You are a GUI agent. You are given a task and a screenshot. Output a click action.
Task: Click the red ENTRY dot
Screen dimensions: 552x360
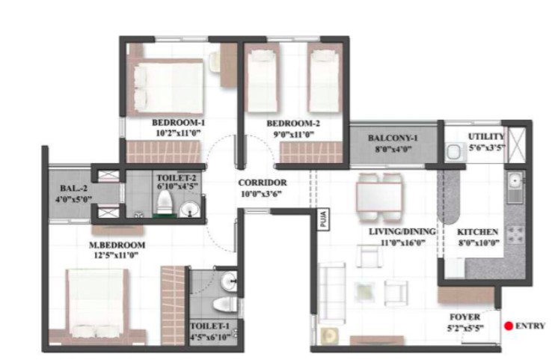509,326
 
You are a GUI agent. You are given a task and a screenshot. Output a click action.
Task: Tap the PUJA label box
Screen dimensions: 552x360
324,219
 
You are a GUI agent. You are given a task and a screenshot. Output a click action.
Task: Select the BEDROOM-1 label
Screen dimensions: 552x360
178,123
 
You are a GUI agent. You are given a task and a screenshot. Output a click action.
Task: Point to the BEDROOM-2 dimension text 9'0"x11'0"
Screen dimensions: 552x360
293,134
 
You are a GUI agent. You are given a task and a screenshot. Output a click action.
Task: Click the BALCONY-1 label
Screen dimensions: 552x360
393,138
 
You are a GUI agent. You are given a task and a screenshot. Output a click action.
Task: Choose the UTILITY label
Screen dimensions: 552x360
486,136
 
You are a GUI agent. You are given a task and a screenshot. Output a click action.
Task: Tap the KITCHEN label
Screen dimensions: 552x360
477,232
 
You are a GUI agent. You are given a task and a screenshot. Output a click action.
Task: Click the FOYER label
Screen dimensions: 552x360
464,317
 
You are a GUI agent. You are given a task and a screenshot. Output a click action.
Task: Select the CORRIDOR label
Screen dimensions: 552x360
263,183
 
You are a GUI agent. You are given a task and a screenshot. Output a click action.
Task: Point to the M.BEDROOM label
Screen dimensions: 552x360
117,245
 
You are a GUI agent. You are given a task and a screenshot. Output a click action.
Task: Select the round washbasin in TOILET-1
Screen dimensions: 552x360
229,281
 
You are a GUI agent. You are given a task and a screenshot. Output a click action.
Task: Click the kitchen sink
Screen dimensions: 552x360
515,187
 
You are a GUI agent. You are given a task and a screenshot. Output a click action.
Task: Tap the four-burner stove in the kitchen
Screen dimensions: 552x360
515,234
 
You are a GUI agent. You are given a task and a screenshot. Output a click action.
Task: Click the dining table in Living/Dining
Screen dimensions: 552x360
378,197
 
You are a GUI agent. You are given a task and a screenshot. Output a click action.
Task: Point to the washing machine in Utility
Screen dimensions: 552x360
454,153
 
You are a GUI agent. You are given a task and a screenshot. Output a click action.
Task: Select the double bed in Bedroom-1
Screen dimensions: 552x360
165,87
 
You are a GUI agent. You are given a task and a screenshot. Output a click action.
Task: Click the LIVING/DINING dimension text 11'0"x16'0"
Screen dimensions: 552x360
403,242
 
